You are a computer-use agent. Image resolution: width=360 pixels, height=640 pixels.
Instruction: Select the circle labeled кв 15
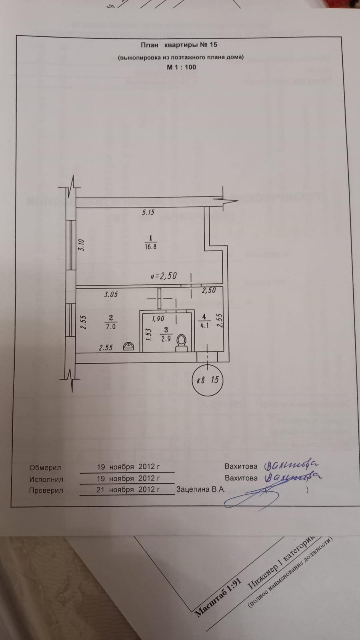208,380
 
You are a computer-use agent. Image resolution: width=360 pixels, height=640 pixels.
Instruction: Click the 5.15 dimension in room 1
148,212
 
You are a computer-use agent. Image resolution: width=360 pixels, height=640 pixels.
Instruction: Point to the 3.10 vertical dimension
82,244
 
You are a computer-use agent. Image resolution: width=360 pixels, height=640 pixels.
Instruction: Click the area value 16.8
151,247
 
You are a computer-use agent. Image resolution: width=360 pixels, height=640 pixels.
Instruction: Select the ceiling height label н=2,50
164,276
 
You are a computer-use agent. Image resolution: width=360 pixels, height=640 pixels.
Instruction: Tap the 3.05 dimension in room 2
111,294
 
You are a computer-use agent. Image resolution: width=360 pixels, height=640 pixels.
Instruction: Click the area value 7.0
111,326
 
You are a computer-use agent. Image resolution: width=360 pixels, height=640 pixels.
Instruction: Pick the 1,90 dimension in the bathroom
158,319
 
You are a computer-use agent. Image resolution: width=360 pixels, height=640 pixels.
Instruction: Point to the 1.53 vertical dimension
148,334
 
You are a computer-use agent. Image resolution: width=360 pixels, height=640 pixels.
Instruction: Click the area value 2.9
166,339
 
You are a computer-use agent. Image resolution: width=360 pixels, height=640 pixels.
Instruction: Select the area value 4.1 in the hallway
204,326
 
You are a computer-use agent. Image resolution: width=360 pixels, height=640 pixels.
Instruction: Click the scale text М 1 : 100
181,67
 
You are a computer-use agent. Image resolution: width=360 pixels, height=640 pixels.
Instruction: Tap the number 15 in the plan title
213,45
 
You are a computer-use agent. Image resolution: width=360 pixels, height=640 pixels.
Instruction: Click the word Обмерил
45,468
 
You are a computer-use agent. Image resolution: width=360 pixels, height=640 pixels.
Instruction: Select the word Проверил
46,490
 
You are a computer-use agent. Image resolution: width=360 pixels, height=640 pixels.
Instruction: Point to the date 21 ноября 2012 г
128,489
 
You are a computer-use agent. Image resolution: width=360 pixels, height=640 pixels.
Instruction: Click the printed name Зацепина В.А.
201,489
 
